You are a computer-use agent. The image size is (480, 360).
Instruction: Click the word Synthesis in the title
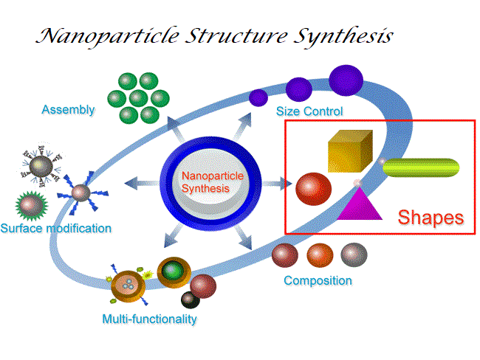tap(337, 35)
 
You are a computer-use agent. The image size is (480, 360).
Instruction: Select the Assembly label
tap(68, 110)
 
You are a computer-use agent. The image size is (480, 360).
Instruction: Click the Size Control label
tap(309, 111)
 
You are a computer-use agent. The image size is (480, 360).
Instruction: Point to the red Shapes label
tap(431, 218)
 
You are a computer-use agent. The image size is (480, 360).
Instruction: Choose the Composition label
tap(318, 280)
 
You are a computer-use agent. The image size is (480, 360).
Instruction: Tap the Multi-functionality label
tap(150, 319)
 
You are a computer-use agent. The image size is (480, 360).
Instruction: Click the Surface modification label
tap(56, 228)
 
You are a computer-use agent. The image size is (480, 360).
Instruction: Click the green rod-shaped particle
tap(422, 167)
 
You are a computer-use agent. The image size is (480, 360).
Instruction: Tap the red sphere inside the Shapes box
tap(313, 187)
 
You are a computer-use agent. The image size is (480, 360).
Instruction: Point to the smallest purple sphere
tap(258, 97)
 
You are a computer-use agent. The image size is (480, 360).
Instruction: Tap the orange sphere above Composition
tap(320, 255)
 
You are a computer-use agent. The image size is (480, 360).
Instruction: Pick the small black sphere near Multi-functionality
tap(190, 300)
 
